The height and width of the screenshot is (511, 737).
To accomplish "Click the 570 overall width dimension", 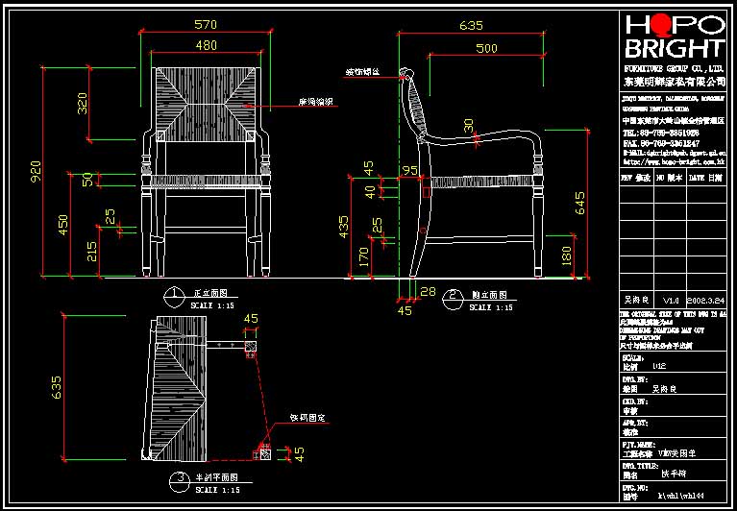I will (205, 24).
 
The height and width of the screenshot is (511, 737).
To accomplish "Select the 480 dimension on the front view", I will (206, 45).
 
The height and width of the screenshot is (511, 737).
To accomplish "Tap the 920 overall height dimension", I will (37, 171).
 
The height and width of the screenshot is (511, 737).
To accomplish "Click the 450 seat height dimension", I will (63, 227).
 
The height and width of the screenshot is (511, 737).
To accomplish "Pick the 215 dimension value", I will (91, 253).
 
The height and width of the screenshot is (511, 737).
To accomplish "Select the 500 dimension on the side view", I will (486, 48).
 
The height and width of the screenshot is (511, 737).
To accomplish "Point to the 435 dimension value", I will (344, 228).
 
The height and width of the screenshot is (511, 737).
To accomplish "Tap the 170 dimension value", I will (364, 257).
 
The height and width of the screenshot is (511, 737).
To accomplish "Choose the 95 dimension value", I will (410, 170).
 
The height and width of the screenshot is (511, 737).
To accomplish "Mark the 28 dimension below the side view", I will (428, 291).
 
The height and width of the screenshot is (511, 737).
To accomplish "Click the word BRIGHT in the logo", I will (674, 49).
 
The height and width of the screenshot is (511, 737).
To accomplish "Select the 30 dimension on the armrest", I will (469, 125).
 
